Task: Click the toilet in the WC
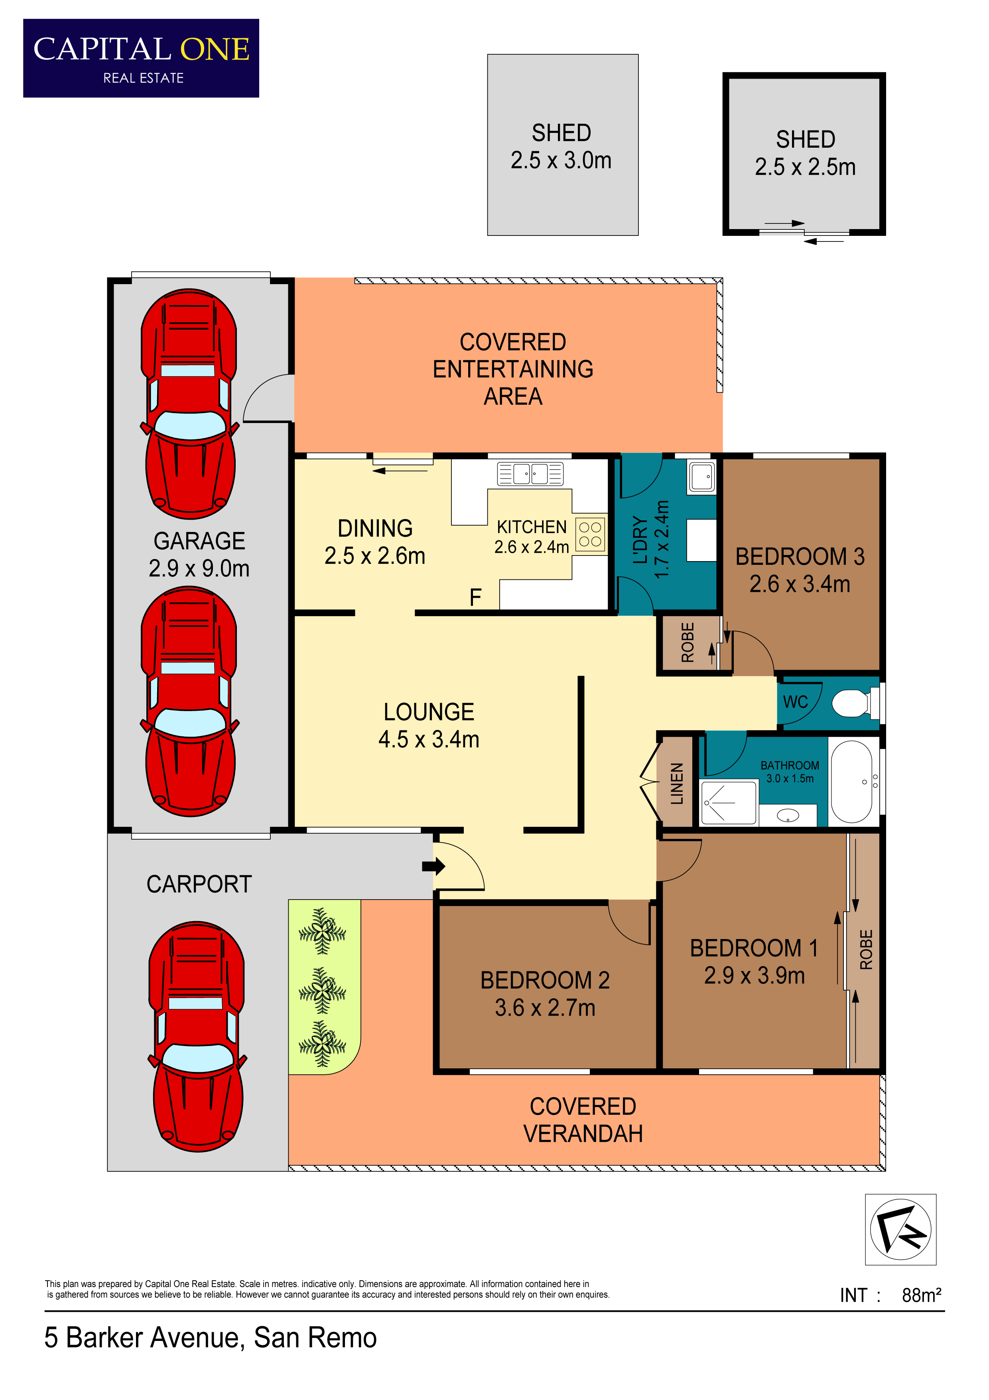[x=854, y=703]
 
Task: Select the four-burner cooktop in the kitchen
[x=590, y=535]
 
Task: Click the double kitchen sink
[x=530, y=474]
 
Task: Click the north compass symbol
[x=900, y=1229]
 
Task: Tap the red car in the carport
[x=197, y=1036]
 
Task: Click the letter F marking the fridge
[x=475, y=597]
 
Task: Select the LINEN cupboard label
[x=676, y=783]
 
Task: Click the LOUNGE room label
[x=428, y=712]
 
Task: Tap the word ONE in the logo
[x=215, y=49]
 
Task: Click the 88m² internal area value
[x=921, y=1295]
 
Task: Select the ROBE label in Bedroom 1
[x=865, y=949]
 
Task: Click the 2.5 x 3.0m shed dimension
[x=561, y=160]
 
